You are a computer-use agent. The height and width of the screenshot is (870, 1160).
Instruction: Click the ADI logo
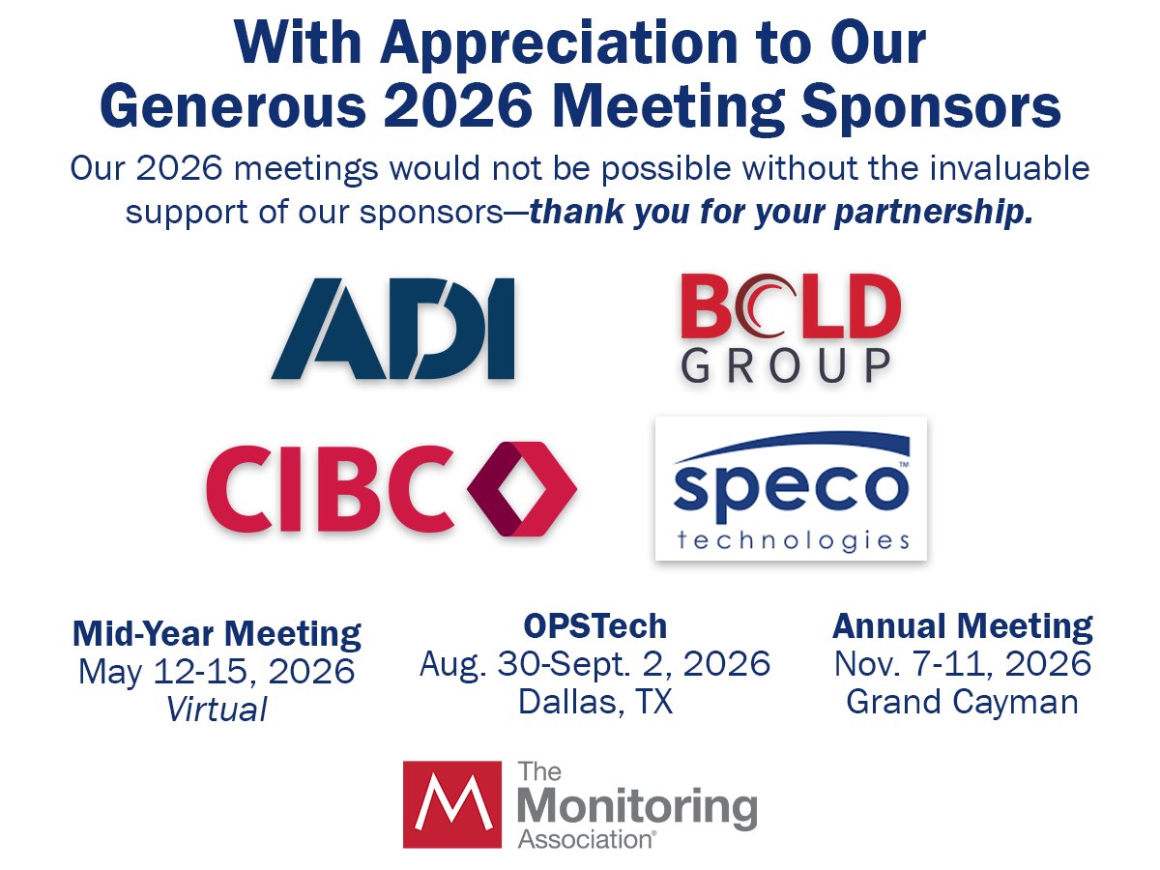tap(393, 329)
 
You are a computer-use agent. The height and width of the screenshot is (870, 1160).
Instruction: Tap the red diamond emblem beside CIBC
tap(521, 488)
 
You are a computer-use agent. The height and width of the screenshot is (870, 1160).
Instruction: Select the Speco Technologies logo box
tap(791, 488)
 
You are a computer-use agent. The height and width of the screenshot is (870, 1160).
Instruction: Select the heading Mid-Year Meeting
tap(217, 634)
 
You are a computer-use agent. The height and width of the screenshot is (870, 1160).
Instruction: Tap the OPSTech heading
tap(594, 626)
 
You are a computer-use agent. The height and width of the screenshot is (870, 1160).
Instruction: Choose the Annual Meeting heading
tap(962, 626)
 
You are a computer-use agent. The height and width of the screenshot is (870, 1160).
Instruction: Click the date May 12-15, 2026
tap(217, 672)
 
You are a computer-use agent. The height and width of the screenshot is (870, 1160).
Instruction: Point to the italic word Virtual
tap(217, 710)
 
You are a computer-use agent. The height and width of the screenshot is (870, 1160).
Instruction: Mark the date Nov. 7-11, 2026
tap(962, 664)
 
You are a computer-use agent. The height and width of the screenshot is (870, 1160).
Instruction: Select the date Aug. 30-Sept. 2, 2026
tap(594, 664)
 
